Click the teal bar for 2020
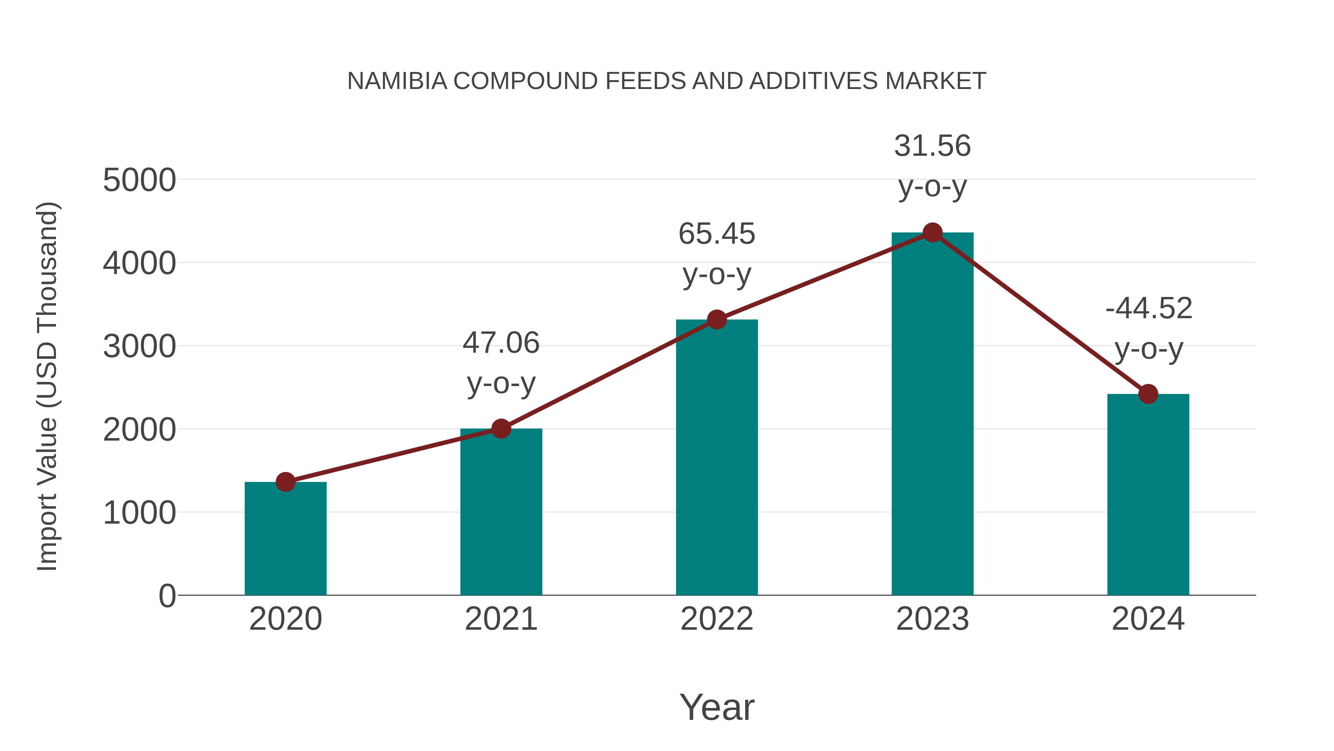tap(285, 539)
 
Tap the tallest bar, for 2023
tap(932, 415)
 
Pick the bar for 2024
tap(1148, 495)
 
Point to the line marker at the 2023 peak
tap(932, 233)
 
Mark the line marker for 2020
tap(285, 482)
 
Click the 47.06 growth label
tap(501, 343)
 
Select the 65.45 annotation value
tap(717, 234)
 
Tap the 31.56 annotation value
tap(932, 146)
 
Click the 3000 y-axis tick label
tap(139, 347)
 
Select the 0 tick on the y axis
tap(167, 596)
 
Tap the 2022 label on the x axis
tap(717, 619)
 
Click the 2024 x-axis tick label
tap(1148, 619)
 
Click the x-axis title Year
tap(717, 707)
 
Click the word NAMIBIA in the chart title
tap(396, 81)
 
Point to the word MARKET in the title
tap(935, 81)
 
